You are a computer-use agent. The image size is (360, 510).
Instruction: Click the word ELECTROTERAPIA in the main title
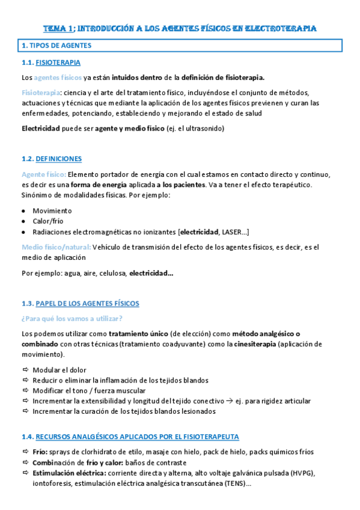coord(283,28)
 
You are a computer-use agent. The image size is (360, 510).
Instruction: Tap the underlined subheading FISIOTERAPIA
coord(58,63)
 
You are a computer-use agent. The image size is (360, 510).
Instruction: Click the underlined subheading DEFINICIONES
coord(59,159)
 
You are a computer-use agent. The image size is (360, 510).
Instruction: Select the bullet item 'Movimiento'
coord(52,210)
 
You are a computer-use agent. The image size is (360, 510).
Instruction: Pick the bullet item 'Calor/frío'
coord(50,221)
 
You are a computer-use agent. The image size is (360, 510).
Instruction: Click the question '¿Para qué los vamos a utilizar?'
coord(71,318)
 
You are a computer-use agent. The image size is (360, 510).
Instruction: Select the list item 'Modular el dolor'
coord(59,370)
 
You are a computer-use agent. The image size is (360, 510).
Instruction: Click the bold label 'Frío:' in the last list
coord(40,452)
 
